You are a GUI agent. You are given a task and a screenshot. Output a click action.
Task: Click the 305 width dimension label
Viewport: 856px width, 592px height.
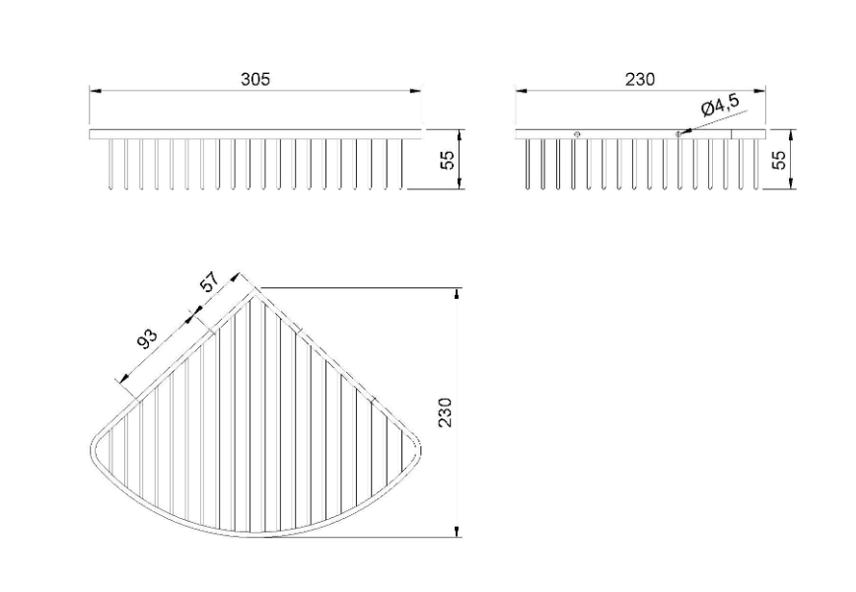point(255,79)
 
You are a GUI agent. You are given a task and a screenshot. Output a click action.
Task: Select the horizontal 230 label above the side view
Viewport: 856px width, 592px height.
point(640,79)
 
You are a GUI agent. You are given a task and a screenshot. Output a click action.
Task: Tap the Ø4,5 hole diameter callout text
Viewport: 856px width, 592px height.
point(721,105)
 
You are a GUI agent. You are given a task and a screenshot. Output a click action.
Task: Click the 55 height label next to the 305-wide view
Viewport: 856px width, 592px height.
point(447,160)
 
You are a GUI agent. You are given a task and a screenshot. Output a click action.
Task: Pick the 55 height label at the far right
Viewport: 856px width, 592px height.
point(779,160)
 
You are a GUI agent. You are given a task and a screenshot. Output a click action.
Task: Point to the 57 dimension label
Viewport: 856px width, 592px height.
point(209,282)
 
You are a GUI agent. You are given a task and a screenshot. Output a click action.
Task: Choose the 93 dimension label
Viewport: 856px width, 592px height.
point(147,339)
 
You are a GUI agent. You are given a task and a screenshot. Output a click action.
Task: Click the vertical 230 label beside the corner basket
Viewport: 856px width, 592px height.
point(446,412)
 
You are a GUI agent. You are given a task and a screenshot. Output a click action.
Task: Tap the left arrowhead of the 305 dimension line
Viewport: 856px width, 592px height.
point(96,91)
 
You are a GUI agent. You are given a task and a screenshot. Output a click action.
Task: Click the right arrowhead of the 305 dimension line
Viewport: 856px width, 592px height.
point(415,91)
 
